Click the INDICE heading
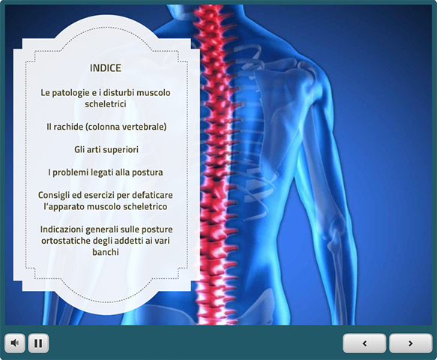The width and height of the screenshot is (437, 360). (x=106, y=68)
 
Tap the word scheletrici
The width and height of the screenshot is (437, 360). (x=106, y=104)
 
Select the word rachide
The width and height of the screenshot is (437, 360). (x=67, y=127)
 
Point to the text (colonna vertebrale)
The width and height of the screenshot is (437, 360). (x=125, y=127)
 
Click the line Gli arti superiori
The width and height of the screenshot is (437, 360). (x=106, y=150)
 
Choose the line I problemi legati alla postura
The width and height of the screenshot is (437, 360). (x=106, y=172)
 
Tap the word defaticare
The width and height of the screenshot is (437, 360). (x=152, y=195)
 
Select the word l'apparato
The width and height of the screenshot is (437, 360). (x=64, y=207)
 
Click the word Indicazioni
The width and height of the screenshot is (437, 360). (x=61, y=229)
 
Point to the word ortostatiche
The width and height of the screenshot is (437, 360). (x=66, y=241)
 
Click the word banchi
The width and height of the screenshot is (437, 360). (x=106, y=252)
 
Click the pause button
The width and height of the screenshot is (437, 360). (x=38, y=343)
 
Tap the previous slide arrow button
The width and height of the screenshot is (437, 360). (x=364, y=343)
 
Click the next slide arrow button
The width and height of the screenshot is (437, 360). (x=411, y=343)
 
